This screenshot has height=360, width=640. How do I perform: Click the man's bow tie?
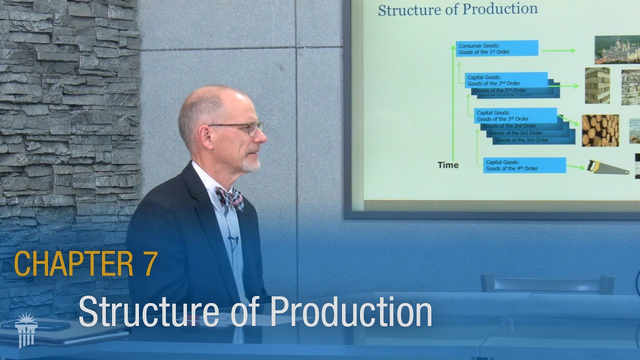(229, 198)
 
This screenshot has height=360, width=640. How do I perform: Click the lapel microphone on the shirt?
(233, 241)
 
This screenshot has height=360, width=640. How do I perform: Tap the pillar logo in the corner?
(26, 329)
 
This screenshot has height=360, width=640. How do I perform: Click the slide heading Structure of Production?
(457, 9)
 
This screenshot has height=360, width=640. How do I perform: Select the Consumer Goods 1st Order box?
(497, 48)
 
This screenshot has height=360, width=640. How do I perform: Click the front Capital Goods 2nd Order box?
(506, 80)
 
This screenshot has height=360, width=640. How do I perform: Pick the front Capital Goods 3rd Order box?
(515, 115)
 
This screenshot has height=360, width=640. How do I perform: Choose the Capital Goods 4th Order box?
(524, 165)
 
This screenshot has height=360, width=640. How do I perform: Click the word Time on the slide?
(448, 165)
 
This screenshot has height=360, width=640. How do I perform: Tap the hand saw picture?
(607, 167)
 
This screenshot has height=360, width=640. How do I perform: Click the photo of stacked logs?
(600, 130)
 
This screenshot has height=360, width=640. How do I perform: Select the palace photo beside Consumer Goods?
(617, 49)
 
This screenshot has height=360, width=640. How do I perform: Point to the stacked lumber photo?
(597, 85)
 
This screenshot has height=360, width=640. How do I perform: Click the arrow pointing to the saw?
(575, 167)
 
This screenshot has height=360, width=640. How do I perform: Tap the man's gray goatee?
(251, 164)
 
